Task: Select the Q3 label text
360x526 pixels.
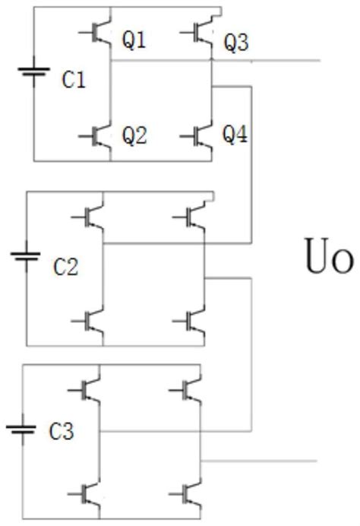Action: [235, 44]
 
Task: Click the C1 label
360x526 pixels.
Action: [73, 81]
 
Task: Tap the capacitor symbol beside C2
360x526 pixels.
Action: [27, 257]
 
